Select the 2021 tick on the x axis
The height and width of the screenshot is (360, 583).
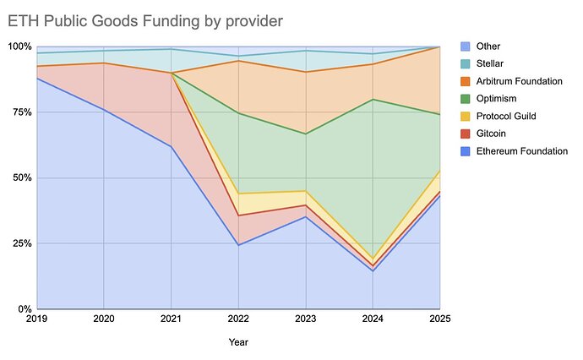click(x=172, y=320)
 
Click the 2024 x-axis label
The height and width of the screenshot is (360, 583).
click(x=373, y=320)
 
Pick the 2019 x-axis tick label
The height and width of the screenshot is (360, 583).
click(x=37, y=320)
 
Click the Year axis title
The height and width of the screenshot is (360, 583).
click(x=238, y=342)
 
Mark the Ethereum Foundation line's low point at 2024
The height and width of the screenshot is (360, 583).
click(x=373, y=270)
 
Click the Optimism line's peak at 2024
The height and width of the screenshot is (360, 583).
click(x=373, y=100)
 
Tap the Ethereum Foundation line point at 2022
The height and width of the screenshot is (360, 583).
click(x=238, y=245)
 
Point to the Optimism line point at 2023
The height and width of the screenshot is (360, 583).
click(x=306, y=134)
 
